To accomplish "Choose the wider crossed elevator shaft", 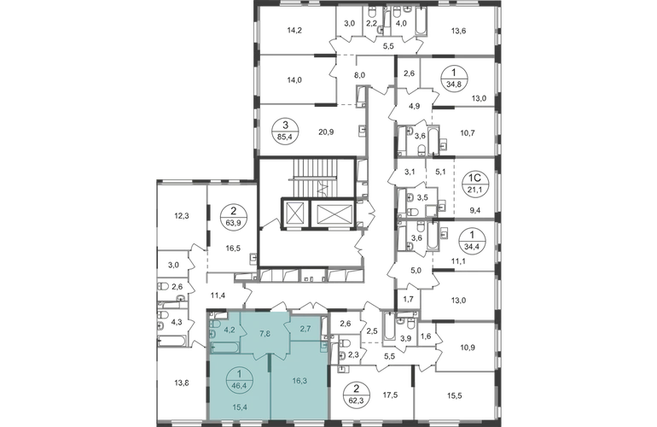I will pyautogui.click(x=334, y=211).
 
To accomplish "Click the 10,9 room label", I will pyautogui.click(x=467, y=348).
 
